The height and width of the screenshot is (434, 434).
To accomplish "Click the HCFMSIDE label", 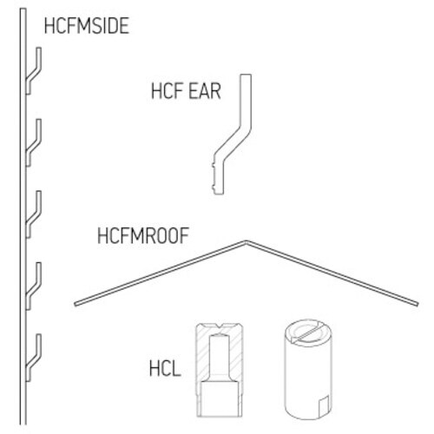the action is [x=87, y=26].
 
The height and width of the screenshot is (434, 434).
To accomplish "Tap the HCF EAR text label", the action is [x=186, y=91].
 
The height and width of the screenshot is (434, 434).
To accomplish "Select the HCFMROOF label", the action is [x=143, y=235].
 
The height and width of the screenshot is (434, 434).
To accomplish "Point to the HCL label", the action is [x=165, y=368].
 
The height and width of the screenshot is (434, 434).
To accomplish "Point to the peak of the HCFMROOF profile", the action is [x=246, y=241].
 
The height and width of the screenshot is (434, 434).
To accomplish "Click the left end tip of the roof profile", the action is [x=76, y=304].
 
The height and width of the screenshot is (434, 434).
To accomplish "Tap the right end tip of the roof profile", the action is [x=418, y=304].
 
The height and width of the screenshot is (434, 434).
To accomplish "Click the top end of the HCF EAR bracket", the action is [x=246, y=75].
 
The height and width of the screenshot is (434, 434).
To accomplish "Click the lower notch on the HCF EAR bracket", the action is [x=214, y=187].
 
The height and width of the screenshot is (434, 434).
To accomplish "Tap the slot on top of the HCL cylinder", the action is [x=308, y=334].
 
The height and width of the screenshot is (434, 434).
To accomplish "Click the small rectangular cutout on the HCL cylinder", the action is [x=324, y=404].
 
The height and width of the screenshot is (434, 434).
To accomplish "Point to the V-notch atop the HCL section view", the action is [x=220, y=327].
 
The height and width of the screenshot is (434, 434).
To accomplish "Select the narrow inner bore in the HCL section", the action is [x=220, y=357].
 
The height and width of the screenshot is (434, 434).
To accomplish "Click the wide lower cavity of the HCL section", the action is [x=220, y=398].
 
